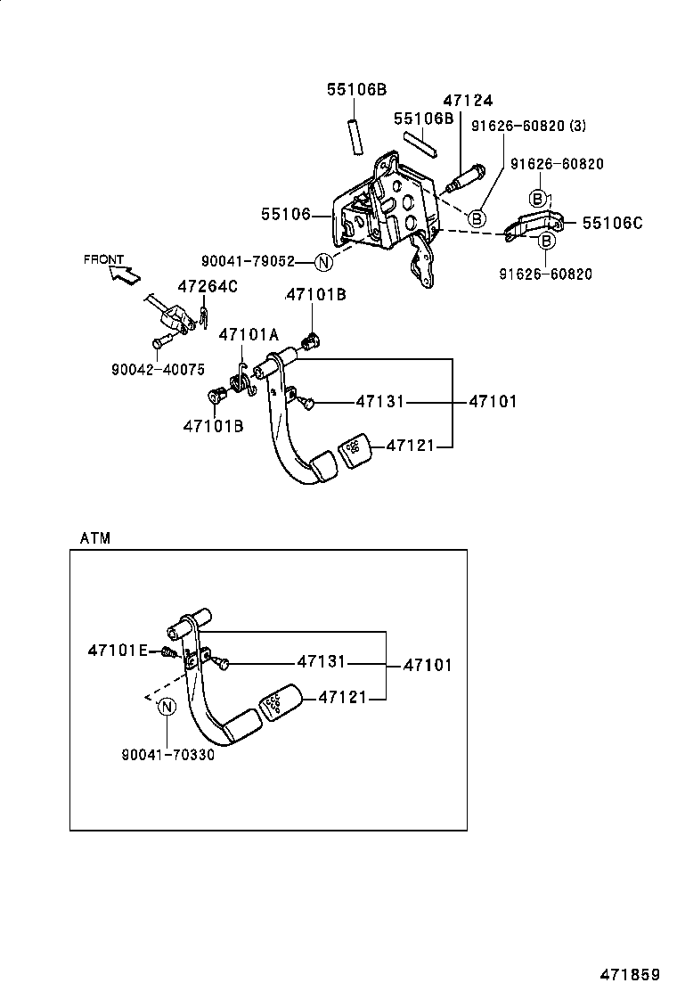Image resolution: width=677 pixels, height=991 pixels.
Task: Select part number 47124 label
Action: tap(468, 102)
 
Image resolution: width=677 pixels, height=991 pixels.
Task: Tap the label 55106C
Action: tap(612, 223)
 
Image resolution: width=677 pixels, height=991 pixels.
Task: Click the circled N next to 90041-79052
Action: tap(323, 261)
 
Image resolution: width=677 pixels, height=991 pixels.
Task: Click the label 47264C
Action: tap(208, 286)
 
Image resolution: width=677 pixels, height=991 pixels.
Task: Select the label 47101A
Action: tap(249, 334)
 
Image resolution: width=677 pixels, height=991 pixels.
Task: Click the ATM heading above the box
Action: tap(94, 538)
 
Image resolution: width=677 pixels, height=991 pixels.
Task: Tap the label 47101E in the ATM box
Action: tap(118, 651)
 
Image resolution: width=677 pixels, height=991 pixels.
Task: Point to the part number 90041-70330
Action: tap(167, 755)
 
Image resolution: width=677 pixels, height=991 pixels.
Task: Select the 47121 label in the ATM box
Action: tap(342, 697)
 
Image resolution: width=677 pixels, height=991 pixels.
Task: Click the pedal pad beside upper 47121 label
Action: tap(355, 446)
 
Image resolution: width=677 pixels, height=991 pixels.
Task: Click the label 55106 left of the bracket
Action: tap(285, 214)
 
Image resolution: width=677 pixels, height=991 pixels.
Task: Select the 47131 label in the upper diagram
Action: tap(379, 402)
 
